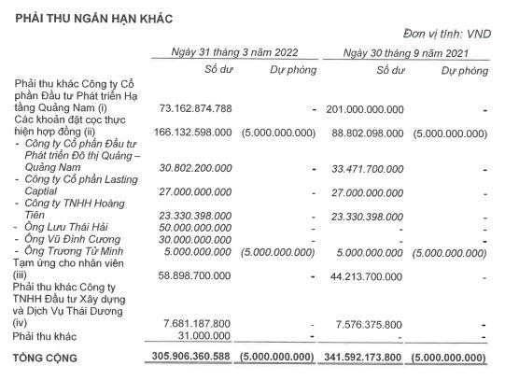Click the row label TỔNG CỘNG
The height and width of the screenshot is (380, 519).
[46, 358]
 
